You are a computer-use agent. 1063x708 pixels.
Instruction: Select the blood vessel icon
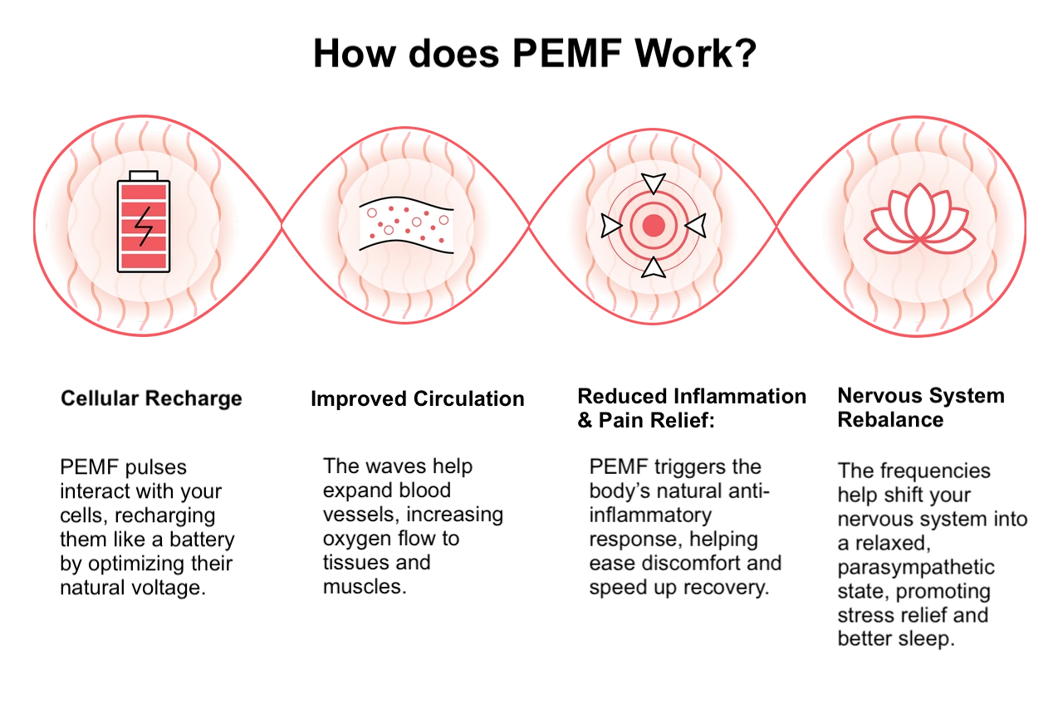click(406, 225)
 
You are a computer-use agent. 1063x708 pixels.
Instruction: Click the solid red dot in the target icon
click(654, 224)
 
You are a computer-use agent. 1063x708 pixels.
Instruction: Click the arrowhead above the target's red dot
click(654, 183)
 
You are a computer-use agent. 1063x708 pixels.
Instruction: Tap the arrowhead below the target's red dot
click(654, 266)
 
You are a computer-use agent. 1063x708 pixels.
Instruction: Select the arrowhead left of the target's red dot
click(612, 225)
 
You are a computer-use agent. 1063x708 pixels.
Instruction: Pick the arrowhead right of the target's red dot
click(695, 225)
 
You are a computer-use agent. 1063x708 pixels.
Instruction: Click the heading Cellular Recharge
click(151, 398)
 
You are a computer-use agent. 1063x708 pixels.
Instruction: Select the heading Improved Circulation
click(417, 399)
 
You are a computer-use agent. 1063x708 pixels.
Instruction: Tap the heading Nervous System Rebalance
click(920, 408)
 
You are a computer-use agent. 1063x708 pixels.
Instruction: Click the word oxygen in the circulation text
click(355, 539)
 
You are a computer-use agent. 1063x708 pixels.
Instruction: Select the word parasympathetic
click(915, 568)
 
